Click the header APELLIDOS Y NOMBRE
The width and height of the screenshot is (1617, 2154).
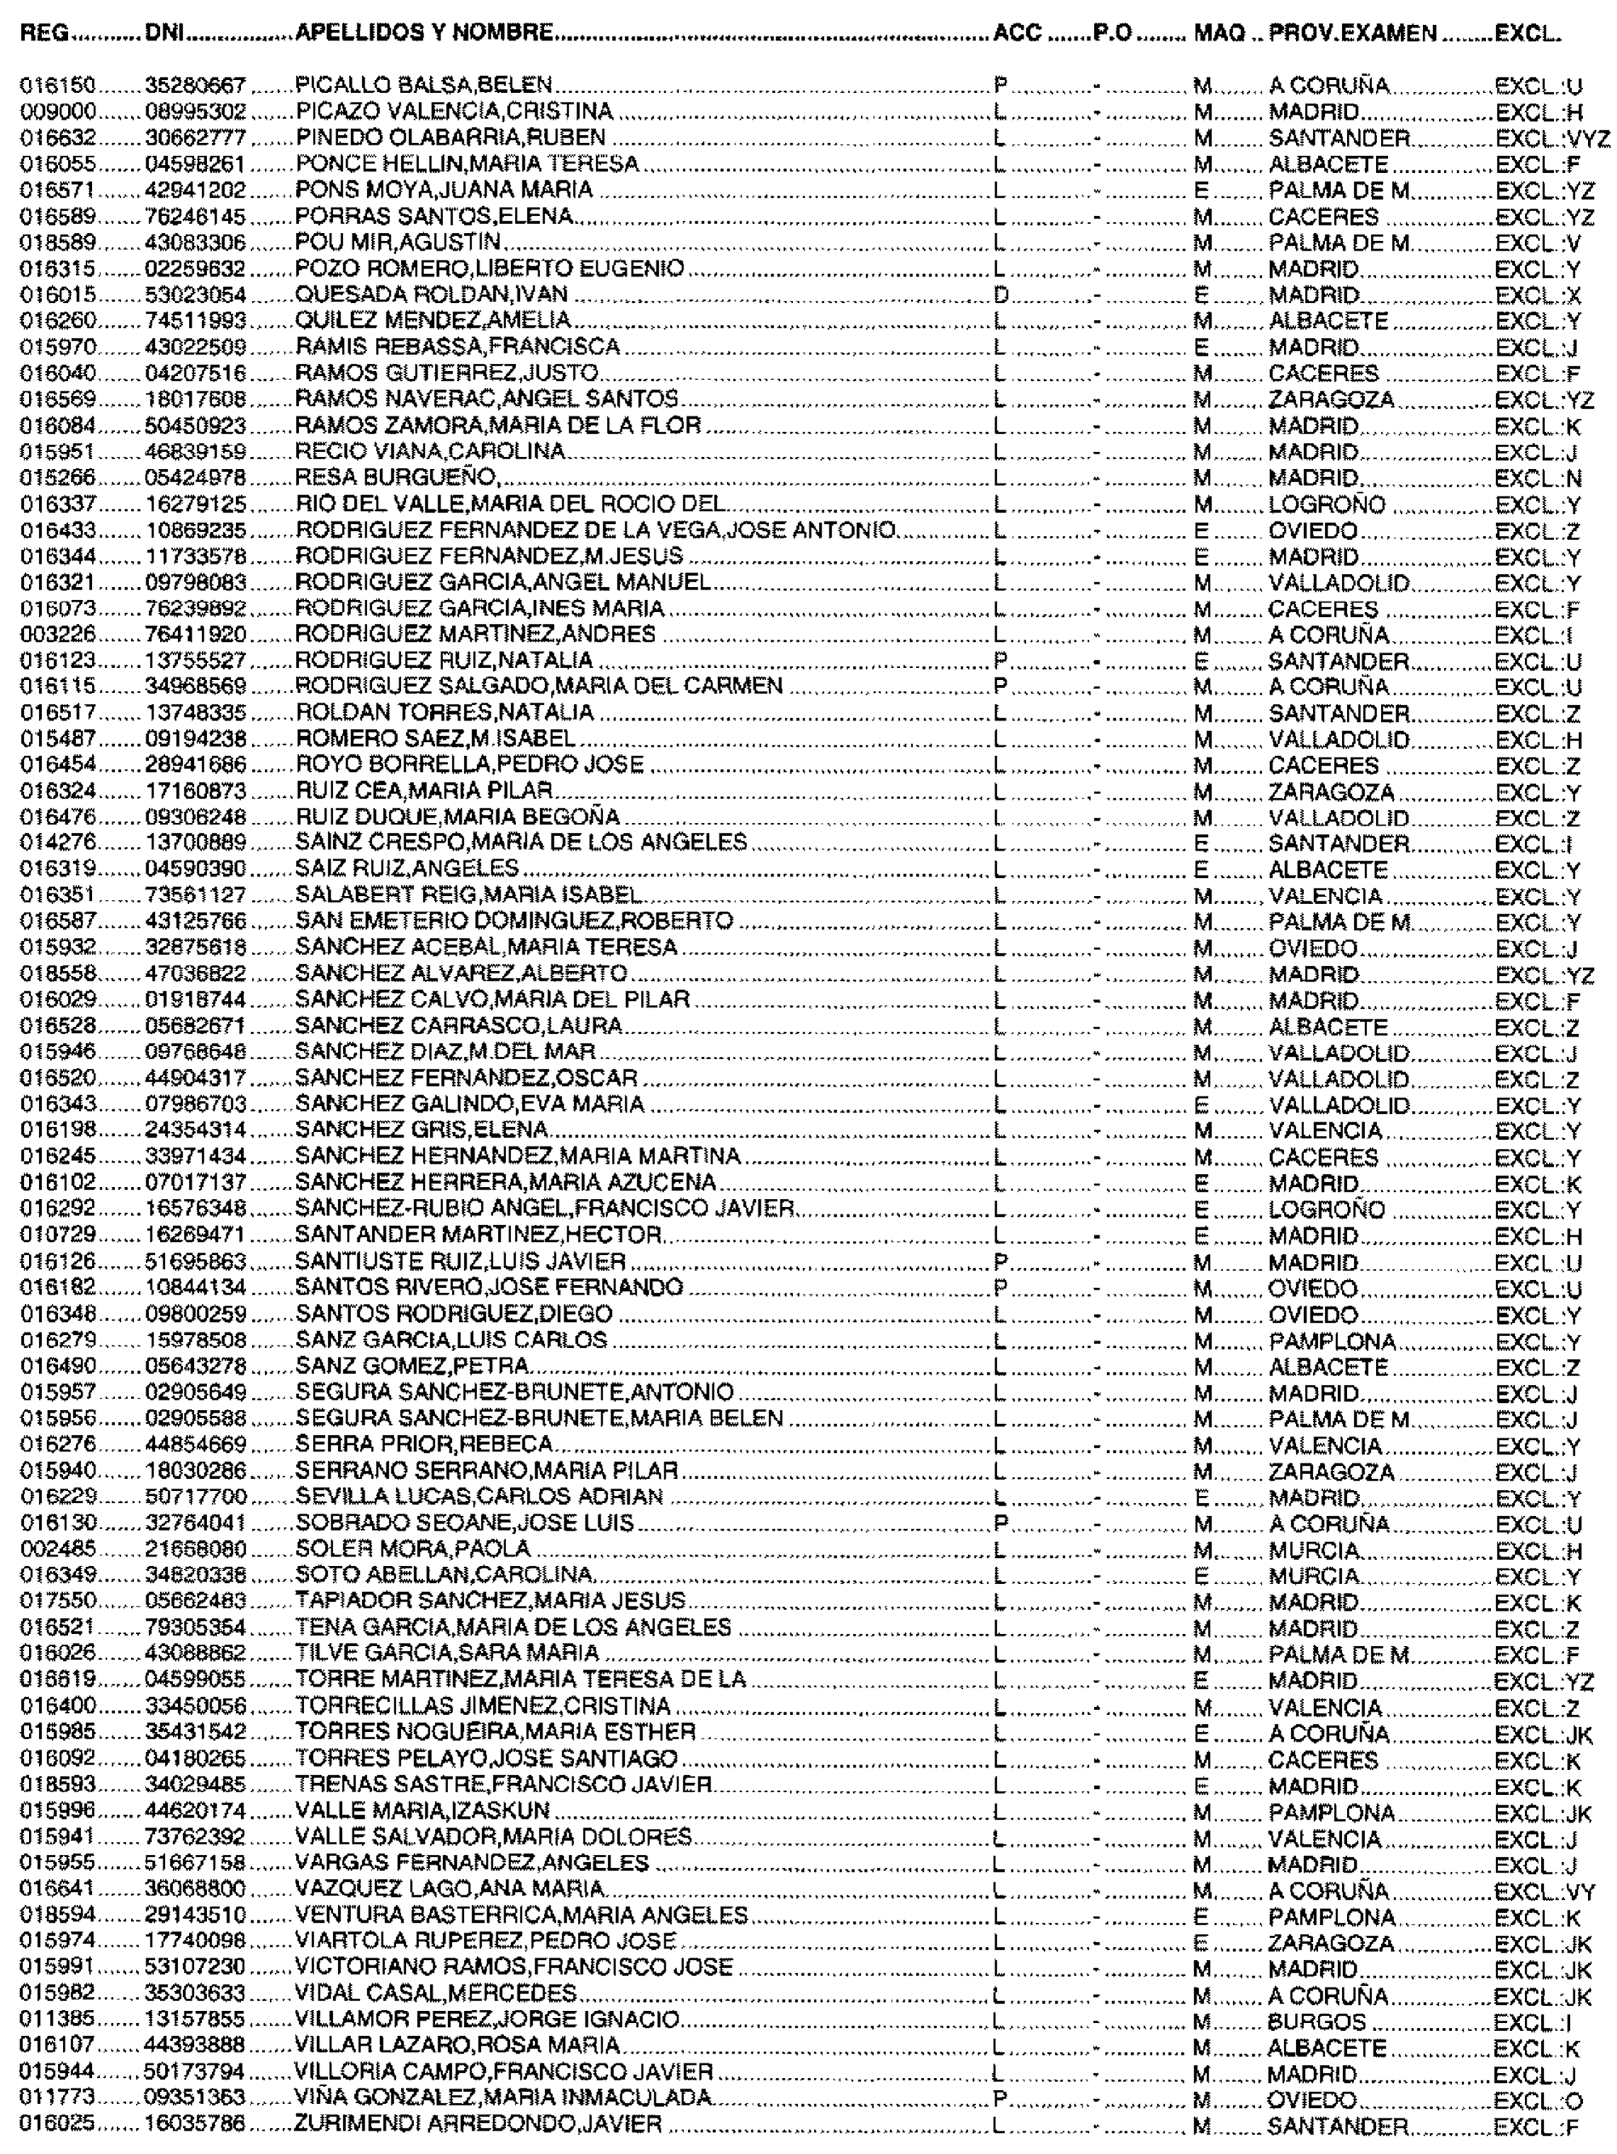(425, 34)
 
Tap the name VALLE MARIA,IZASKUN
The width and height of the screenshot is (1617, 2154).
(423, 1812)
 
